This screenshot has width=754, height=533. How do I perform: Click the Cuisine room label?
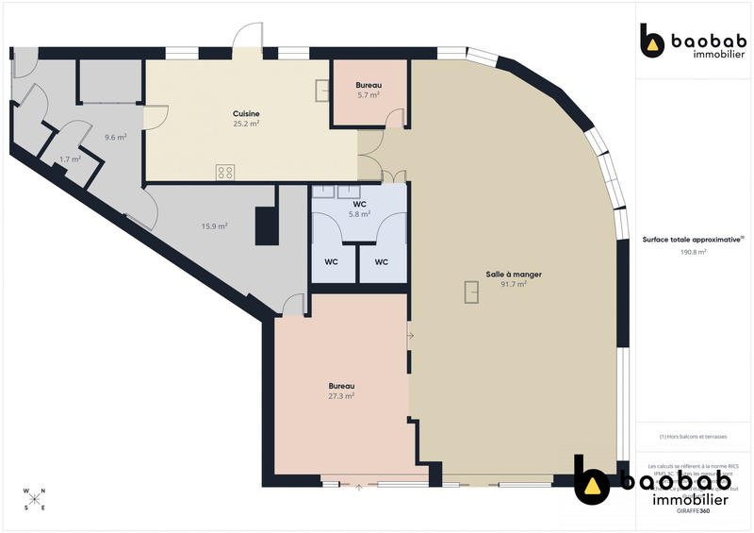(247, 113)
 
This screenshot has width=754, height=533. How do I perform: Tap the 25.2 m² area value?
(247, 123)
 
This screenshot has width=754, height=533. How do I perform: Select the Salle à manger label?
(514, 275)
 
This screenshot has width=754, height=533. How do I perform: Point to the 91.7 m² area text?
(514, 284)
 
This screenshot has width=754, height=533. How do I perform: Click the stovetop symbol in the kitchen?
(225, 172)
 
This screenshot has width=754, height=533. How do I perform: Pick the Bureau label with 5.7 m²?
(369, 86)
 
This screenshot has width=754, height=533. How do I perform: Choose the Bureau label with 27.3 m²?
(341, 387)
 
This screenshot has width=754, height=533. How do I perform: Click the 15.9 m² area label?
(215, 225)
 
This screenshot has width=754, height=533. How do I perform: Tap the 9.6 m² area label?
(115, 137)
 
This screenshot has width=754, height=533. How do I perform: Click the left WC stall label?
(333, 261)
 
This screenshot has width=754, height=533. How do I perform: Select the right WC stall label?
(381, 261)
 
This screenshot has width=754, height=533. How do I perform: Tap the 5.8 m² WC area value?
(359, 214)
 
